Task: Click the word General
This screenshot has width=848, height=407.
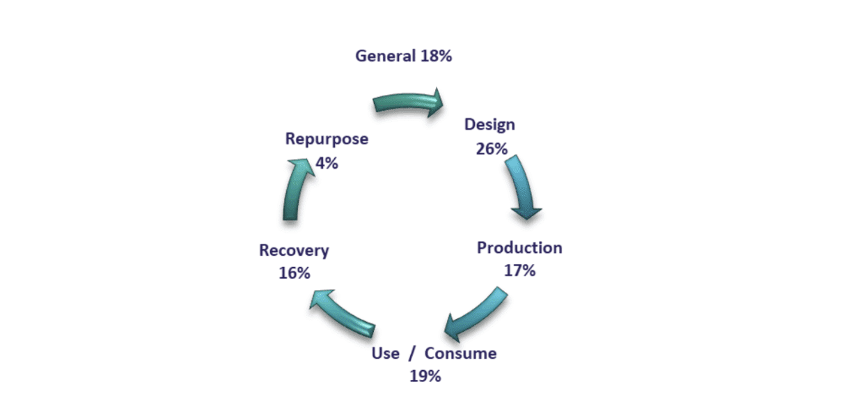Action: click(386, 56)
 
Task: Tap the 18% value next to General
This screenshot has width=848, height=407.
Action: click(436, 56)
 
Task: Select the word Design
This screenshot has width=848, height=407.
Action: click(489, 125)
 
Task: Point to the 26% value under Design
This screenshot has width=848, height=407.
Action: click(492, 149)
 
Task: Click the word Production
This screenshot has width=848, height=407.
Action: click(519, 248)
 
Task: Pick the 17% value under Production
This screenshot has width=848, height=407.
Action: click(519, 270)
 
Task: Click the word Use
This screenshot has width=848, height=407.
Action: click(386, 353)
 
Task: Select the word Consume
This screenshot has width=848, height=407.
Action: click(460, 353)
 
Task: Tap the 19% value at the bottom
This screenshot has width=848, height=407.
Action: click(425, 376)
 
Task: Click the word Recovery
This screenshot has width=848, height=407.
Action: click(294, 251)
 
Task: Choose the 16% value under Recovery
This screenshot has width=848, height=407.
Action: click(295, 273)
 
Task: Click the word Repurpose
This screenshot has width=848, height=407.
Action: click(327, 139)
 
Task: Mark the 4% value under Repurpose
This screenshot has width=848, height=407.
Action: click(327, 163)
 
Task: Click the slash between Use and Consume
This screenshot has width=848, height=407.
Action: click(412, 353)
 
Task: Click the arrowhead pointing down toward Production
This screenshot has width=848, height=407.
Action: click(526, 213)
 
